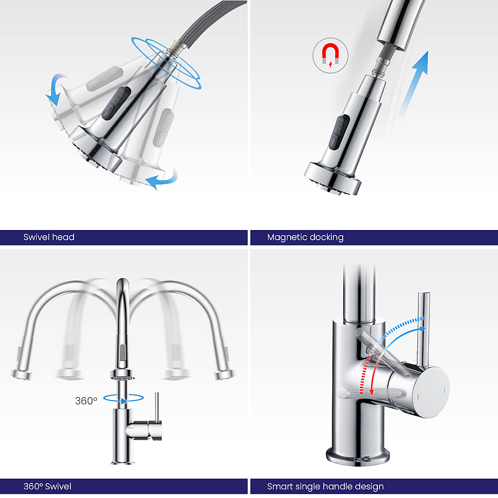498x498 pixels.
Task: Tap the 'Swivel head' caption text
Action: (49, 237)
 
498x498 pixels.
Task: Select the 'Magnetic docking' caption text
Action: (305, 238)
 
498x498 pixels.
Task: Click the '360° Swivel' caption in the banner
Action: (47, 486)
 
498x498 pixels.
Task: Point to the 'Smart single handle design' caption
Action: (325, 487)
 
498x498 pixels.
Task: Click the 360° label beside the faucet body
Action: (86, 401)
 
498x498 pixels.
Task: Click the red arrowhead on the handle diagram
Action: (371, 391)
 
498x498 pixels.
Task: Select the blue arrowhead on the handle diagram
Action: (422, 329)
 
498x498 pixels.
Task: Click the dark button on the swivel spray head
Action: (116, 101)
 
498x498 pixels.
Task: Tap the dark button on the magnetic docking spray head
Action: (339, 132)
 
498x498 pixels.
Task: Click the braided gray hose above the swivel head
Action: (209, 22)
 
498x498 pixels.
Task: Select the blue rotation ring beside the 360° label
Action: (123, 398)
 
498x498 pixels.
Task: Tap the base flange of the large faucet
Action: (358, 457)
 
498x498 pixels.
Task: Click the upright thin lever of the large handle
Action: (423, 330)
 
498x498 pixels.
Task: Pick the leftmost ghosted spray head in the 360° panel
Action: (22, 375)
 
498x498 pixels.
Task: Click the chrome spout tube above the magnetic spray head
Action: (401, 24)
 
